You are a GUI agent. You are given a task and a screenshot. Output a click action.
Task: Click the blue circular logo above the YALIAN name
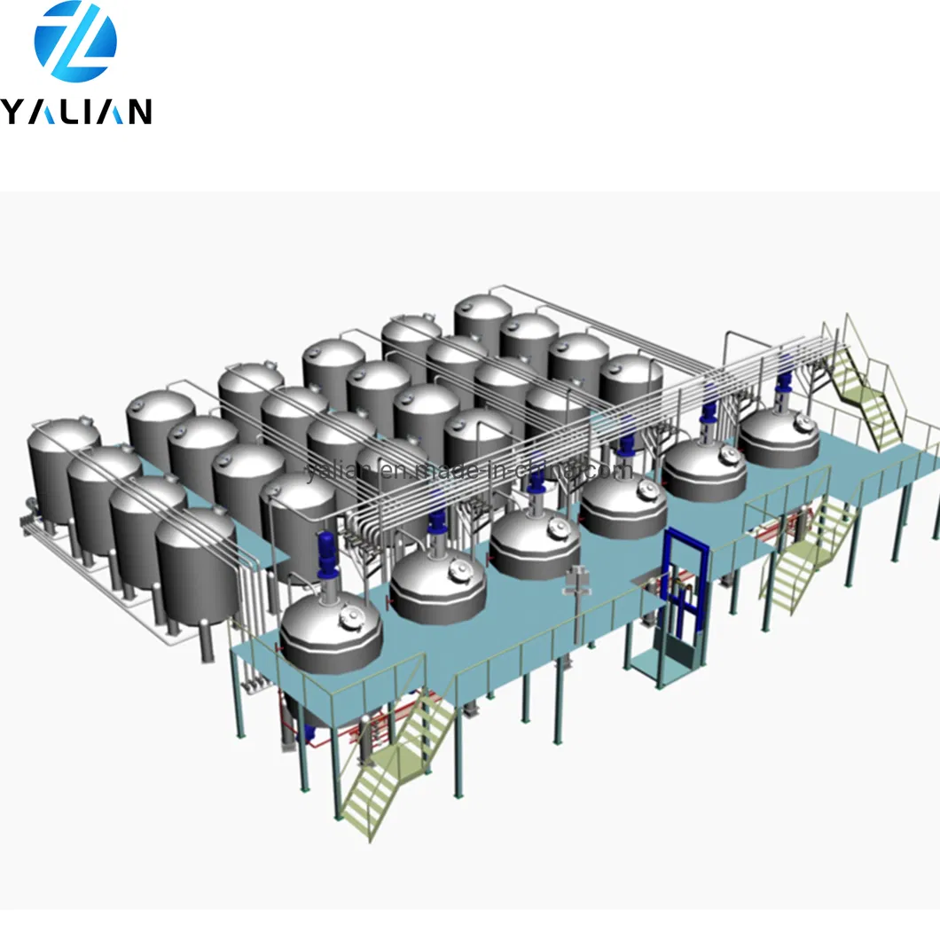click(75, 43)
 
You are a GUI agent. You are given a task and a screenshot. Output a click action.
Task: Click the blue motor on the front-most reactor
click(326, 553)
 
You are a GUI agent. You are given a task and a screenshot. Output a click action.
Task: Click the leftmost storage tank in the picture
click(64, 474)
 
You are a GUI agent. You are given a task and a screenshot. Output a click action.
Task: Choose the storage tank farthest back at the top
click(483, 324)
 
